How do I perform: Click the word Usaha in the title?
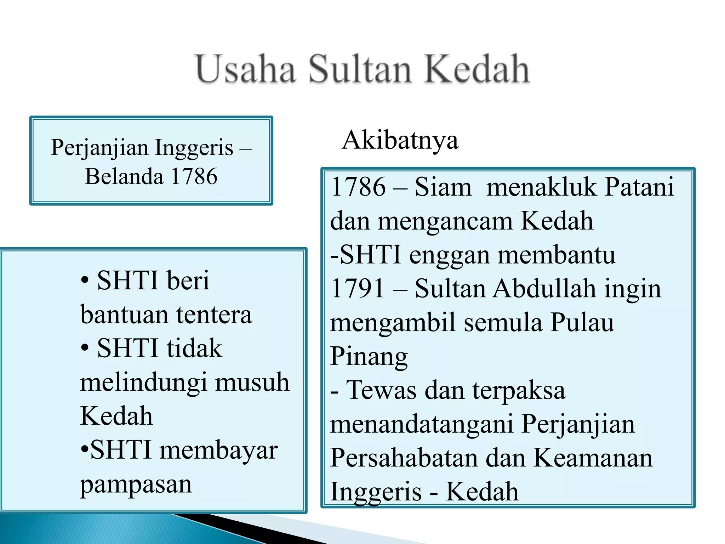pos(246,69)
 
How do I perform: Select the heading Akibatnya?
pos(400,140)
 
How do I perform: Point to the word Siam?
pos(443,187)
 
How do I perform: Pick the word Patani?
pos(639,187)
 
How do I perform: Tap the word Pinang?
pos(369,356)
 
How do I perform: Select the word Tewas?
pos(381,390)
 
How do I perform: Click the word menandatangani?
pos(422,424)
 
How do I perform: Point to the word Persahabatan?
pos(404,458)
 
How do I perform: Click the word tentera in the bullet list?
pos(214,314)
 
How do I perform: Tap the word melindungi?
pos(143,382)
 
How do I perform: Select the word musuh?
pos(252,382)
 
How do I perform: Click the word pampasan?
pos(136,484)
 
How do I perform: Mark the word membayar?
pos(218,450)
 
